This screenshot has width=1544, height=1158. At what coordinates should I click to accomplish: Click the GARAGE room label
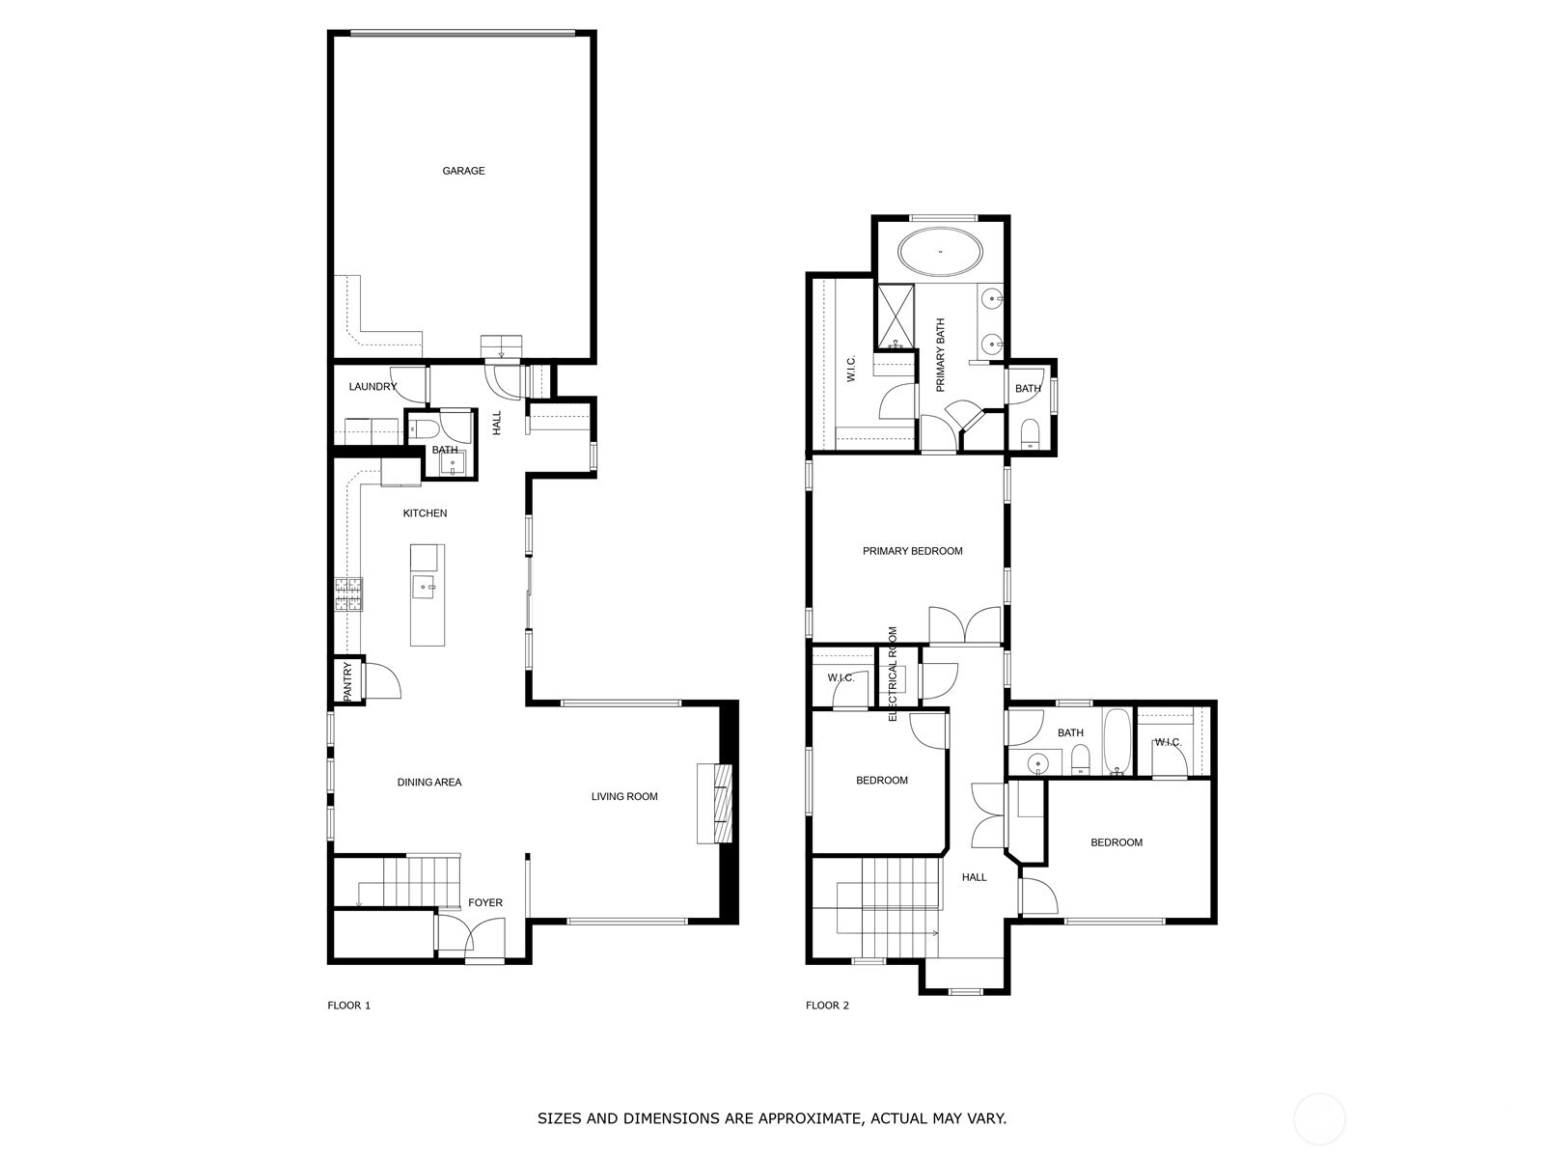point(463,171)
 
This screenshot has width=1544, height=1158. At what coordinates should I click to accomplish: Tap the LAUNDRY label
point(372,387)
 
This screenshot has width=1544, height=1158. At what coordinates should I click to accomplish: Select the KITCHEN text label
point(425,513)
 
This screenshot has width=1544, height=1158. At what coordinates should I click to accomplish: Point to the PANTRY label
point(347,681)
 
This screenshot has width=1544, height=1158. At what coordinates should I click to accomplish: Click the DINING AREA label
point(429,782)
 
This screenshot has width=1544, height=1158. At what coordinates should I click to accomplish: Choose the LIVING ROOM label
point(624,797)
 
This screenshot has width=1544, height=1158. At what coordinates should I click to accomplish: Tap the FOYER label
point(485,903)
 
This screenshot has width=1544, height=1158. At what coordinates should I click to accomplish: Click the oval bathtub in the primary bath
point(941,252)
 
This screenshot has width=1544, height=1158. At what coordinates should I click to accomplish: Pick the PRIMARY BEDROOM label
point(912,551)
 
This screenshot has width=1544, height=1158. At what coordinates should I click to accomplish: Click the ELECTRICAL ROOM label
point(894,674)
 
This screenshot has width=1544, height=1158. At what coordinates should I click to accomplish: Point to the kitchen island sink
point(425,587)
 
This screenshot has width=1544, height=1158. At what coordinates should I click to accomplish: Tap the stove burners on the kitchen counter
point(348,594)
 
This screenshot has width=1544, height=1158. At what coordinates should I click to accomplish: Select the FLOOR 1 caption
point(349,1006)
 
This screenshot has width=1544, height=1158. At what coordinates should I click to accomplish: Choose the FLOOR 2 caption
point(827,1006)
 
